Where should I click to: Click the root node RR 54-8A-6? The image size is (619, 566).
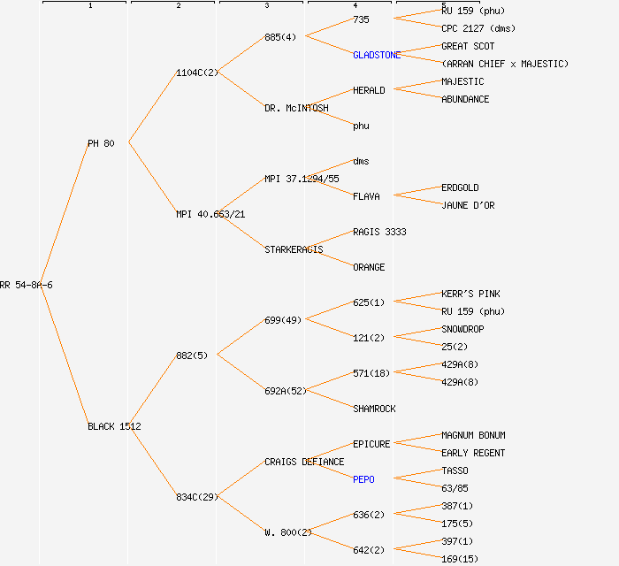pyautogui.click(x=27, y=285)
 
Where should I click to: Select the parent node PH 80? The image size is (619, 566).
pyautogui.click(x=101, y=143)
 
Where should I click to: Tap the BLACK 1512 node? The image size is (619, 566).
pyautogui.click(x=114, y=426)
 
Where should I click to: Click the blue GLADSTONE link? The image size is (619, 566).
pyautogui.click(x=377, y=55)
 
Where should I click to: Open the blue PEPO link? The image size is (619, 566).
pyautogui.click(x=363, y=479)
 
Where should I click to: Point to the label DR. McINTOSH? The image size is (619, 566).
pyautogui.click(x=296, y=108)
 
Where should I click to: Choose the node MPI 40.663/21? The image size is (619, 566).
pyautogui.click(x=210, y=214)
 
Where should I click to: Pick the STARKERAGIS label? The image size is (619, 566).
pyautogui.click(x=294, y=249)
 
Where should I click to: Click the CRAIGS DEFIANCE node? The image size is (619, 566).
pyautogui.click(x=304, y=462)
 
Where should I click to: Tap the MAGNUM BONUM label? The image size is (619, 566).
pyautogui.click(x=473, y=435)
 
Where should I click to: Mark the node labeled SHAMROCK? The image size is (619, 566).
pyautogui.click(x=374, y=409)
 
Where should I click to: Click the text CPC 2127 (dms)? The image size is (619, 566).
pyautogui.click(x=478, y=28)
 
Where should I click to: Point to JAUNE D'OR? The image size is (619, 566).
pyautogui.click(x=468, y=205)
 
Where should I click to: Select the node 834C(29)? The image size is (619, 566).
pyautogui.click(x=196, y=497)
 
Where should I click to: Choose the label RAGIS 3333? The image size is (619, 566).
pyautogui.click(x=379, y=232)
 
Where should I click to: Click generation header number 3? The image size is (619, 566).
pyautogui.click(x=266, y=6)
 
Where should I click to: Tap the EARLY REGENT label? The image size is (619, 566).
pyautogui.click(x=473, y=453)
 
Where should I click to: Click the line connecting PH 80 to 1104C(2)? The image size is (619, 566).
pyautogui.click(x=153, y=107)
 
